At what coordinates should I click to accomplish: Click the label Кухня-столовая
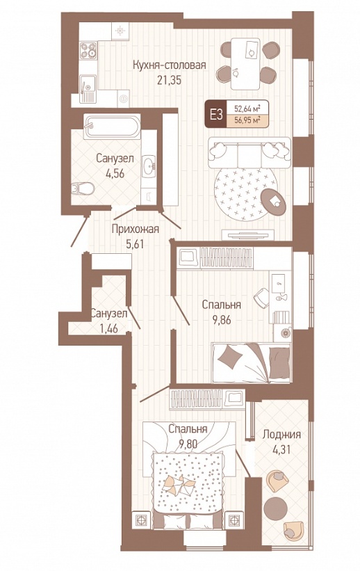(x=170, y=65)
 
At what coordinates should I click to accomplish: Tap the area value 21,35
(x=170, y=80)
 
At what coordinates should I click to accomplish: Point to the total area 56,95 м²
(x=247, y=120)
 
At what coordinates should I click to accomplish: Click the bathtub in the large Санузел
(x=112, y=127)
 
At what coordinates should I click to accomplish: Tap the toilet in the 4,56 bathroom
(x=83, y=189)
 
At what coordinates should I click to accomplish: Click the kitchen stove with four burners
(x=88, y=50)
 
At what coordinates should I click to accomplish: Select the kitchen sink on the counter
(x=88, y=89)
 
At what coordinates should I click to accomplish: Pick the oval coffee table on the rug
(x=274, y=201)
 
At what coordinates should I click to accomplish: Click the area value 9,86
(x=222, y=319)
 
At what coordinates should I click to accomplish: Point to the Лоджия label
(x=281, y=435)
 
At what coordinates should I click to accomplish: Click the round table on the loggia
(x=275, y=508)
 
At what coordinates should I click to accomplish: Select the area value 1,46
(x=109, y=328)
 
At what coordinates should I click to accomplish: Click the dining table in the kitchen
(x=245, y=64)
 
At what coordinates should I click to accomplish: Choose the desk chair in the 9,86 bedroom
(x=261, y=298)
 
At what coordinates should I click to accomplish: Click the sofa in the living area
(x=249, y=152)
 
